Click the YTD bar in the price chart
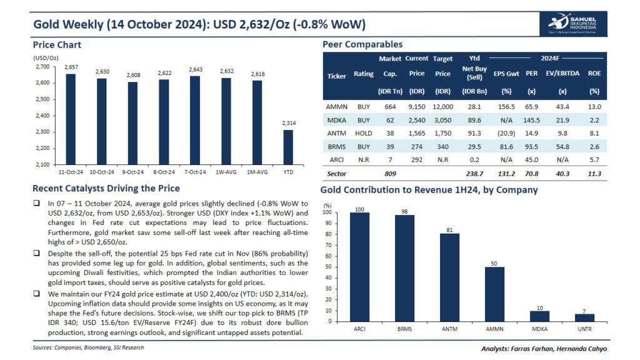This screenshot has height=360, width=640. coord(287,147)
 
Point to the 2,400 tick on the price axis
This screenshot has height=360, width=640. coord(41,116)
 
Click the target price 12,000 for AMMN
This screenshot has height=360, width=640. coord(442,107)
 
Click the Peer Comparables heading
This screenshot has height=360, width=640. coord(362,44)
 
